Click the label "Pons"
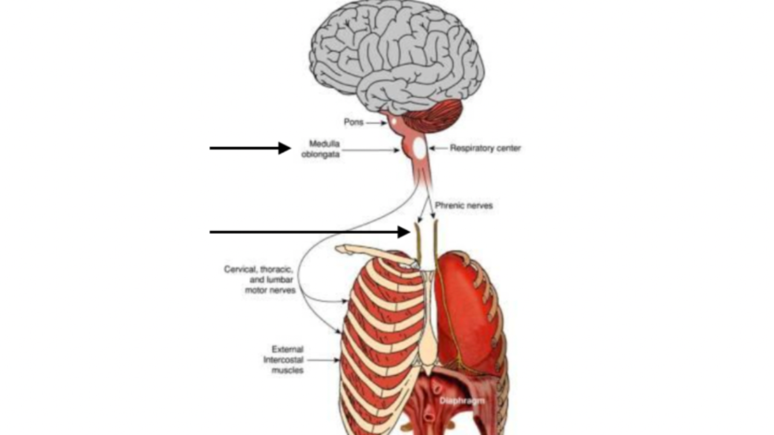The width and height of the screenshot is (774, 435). [353, 123]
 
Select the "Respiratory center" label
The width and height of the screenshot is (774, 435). [485, 148]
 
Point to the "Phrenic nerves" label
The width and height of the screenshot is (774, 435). [464, 205]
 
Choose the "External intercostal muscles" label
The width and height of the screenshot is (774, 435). [284, 359]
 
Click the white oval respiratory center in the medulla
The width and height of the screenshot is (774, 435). [419, 148]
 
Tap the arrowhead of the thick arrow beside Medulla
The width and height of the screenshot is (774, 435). [284, 148]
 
